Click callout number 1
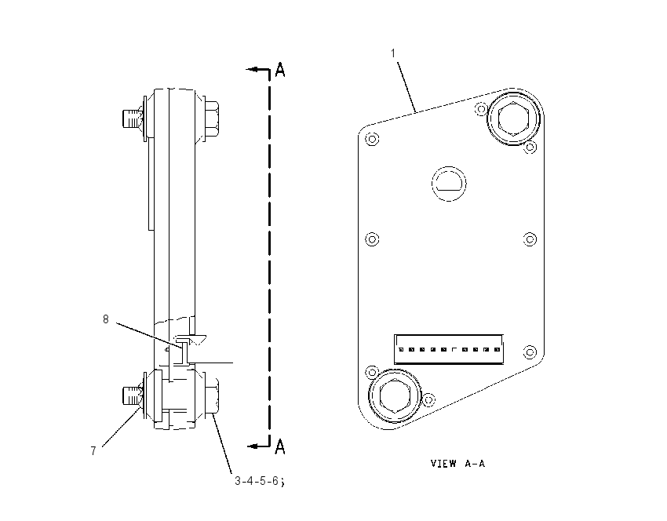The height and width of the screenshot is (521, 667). [x=393, y=53]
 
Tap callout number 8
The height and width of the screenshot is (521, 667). [x=106, y=319]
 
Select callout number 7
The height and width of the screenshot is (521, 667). [x=93, y=451]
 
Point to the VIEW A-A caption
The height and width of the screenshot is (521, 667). [x=457, y=463]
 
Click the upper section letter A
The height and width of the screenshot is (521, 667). [x=280, y=70]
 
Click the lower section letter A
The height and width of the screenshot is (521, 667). [x=280, y=446]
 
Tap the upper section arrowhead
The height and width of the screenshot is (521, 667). [x=252, y=69]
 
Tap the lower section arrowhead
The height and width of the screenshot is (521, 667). [x=253, y=446]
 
